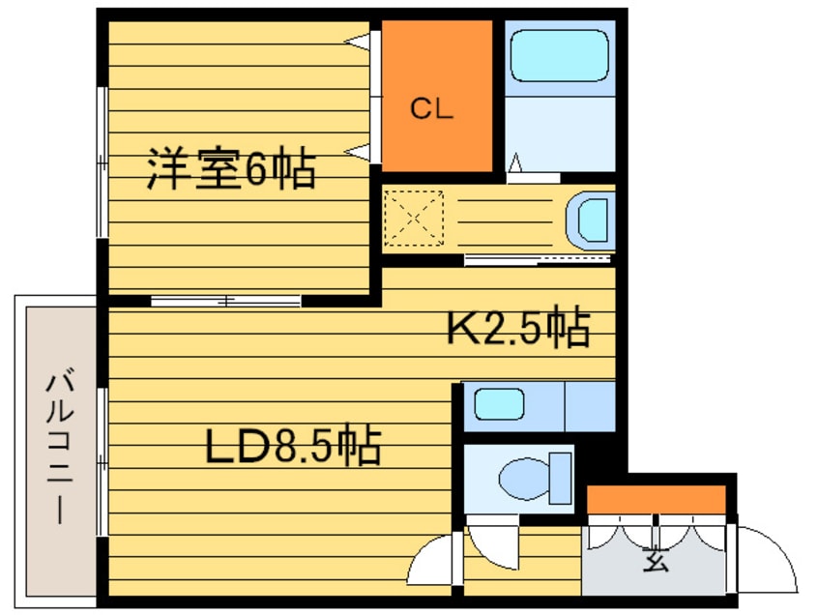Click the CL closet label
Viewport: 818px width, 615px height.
431,109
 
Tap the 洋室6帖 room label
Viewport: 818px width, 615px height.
231,168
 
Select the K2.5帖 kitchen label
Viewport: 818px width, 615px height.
519,327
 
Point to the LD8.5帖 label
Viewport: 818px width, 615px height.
293,445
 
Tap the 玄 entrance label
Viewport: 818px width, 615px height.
656,560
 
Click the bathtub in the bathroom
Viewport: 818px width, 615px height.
559,55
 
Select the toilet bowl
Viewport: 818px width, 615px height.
536,479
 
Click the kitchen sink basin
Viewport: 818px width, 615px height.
499,404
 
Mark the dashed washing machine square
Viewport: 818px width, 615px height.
414,218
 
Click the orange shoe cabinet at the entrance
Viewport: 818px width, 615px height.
657,499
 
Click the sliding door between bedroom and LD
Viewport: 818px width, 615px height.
226,301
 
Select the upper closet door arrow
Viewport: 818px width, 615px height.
359,42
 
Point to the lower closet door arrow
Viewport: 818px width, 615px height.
359,152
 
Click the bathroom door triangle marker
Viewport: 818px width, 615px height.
515,162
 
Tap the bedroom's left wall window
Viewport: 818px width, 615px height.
102,162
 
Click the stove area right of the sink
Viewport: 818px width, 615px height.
591,407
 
